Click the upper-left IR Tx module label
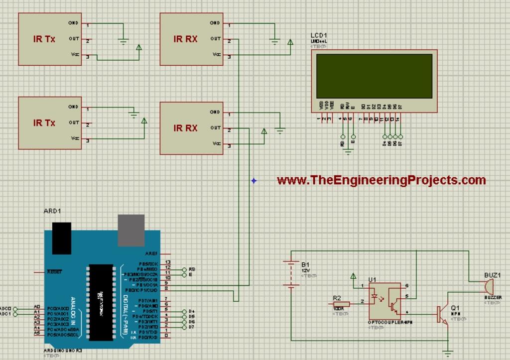point(44,39)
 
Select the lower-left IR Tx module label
point(44,123)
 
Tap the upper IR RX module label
point(185,39)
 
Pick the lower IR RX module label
point(185,128)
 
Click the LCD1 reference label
point(319,35)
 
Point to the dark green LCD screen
point(374,76)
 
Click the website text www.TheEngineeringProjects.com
point(381,180)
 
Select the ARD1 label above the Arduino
point(52,211)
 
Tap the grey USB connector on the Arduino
point(131,230)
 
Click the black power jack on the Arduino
point(62,238)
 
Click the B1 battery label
point(305,264)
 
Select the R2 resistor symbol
point(341,304)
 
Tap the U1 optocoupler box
point(384,301)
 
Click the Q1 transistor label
point(455,308)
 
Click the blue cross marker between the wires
point(254,180)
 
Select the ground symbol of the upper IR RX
point(274,42)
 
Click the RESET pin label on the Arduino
point(54,272)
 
